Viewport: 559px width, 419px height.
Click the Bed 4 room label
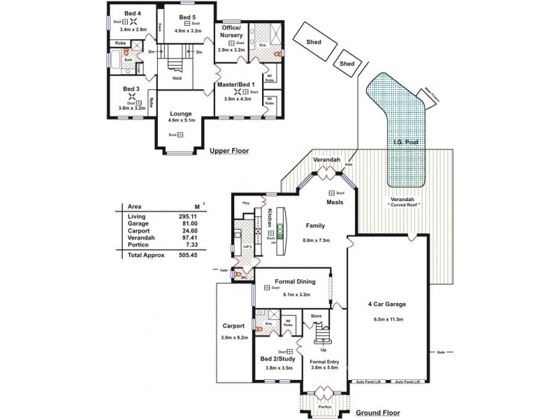[x=132, y=13]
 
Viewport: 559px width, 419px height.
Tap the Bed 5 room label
[x=187, y=17]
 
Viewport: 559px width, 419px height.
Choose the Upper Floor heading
[x=229, y=151]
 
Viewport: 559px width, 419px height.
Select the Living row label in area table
[x=136, y=216]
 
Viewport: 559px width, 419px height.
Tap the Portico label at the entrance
[x=323, y=406]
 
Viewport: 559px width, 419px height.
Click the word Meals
[x=334, y=203]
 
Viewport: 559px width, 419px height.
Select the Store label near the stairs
[x=316, y=316]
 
